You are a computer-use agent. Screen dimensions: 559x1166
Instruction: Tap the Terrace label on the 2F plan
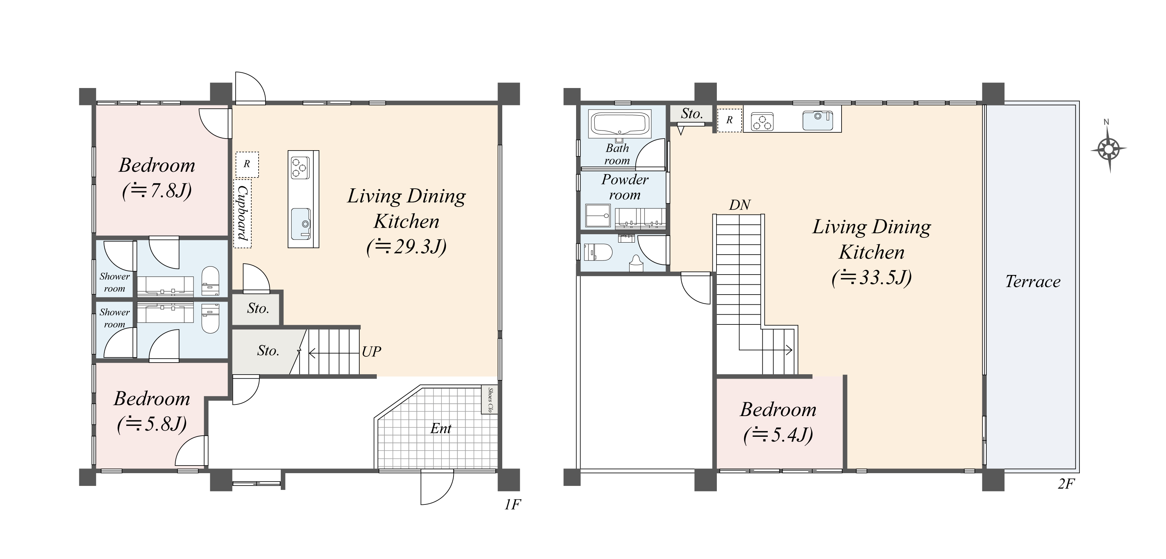[1033, 282]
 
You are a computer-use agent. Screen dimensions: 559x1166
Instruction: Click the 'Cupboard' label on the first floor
[242, 213]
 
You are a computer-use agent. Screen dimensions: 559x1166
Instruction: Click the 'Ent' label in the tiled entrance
[440, 428]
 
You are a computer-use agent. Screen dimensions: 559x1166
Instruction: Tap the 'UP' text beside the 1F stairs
[371, 351]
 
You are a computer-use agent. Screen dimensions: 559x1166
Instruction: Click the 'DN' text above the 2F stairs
[740, 205]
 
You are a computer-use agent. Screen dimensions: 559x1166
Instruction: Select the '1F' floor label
[512, 504]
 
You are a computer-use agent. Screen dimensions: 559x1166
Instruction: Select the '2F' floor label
[1066, 484]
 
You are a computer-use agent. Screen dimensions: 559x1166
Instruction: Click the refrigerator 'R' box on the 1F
[247, 164]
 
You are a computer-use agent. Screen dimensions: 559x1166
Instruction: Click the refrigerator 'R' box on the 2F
[729, 120]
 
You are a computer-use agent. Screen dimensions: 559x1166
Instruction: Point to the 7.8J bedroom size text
[157, 191]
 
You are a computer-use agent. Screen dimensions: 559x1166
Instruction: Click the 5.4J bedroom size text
[778, 435]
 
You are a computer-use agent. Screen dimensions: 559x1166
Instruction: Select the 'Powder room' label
[625, 187]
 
